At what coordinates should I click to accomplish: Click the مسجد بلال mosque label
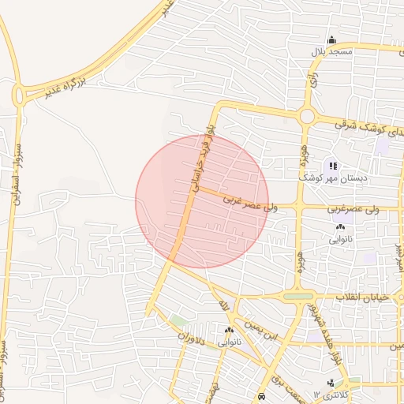331,52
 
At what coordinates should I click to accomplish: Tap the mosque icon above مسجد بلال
331,40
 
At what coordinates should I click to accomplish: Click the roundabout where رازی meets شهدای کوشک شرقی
306,118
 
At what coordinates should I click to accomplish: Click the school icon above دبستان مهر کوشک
332,166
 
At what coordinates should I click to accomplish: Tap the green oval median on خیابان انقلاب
297,297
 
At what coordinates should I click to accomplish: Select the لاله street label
224,303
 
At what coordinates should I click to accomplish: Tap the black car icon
261,396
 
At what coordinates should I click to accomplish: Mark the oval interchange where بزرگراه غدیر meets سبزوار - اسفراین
18,95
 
